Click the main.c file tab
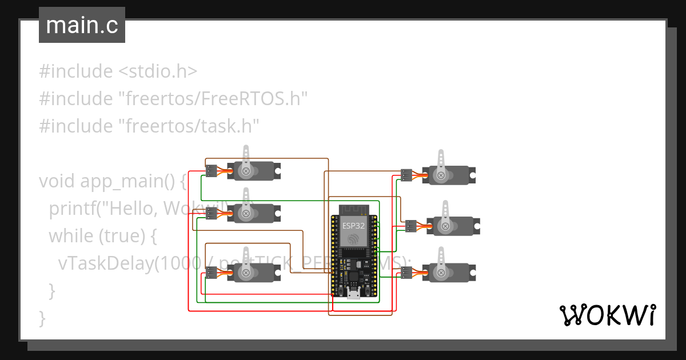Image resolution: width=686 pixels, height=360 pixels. [82, 25]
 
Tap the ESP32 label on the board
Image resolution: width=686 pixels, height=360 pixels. [354, 226]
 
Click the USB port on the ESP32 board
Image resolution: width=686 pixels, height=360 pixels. [354, 294]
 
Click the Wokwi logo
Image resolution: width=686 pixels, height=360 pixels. [607, 315]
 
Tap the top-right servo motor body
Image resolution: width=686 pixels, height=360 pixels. [449, 175]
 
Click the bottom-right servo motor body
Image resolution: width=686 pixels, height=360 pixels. [449, 273]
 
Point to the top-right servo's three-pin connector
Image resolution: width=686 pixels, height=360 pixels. [407, 175]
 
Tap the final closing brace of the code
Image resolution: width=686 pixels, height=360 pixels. [42, 317]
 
